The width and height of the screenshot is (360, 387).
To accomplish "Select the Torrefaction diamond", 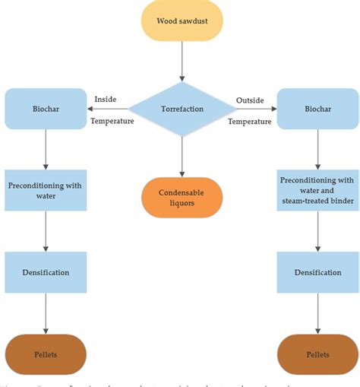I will coord(182,109).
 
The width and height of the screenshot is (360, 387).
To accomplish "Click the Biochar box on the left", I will coord(46,109).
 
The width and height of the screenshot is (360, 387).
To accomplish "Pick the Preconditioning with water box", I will coord(46,190).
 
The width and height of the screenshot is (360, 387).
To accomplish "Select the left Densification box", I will coord(46,271).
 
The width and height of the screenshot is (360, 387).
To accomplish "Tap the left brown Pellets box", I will coord(46,354).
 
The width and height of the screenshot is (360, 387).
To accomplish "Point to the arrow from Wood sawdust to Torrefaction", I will coord(182,61).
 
